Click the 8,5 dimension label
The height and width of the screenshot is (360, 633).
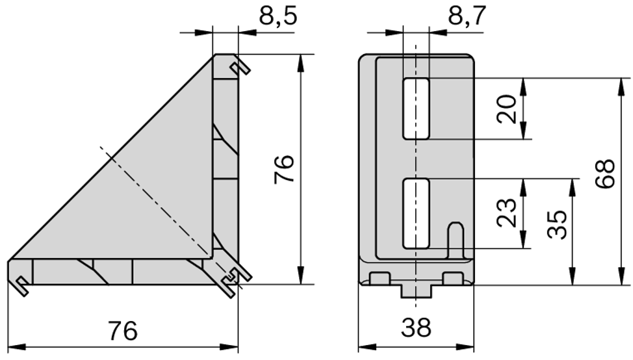pyautogui.click(x=278, y=16)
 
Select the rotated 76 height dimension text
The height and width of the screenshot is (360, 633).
pyautogui.click(x=285, y=169)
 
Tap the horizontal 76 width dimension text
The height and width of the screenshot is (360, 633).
pyautogui.click(x=122, y=330)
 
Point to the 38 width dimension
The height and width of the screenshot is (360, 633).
pyautogui.click(x=416, y=328)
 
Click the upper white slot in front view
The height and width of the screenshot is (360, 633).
pyautogui.click(x=416, y=108)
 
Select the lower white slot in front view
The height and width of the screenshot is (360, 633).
pyautogui.click(x=416, y=212)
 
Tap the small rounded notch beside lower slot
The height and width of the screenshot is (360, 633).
pyautogui.click(x=456, y=239)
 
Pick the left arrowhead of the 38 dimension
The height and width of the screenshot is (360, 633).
pyautogui.click(x=364, y=346)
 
